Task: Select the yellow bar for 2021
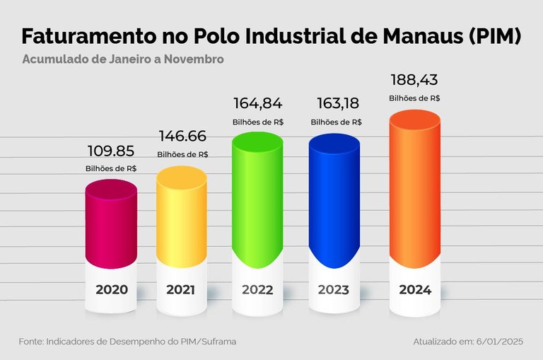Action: coord(182,216)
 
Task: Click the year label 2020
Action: coord(112,289)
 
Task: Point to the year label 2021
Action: coord(182,289)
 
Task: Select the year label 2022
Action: coord(258,289)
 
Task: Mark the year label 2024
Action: coord(415,289)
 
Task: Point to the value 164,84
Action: coord(258,104)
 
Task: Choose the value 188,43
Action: coord(415,79)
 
